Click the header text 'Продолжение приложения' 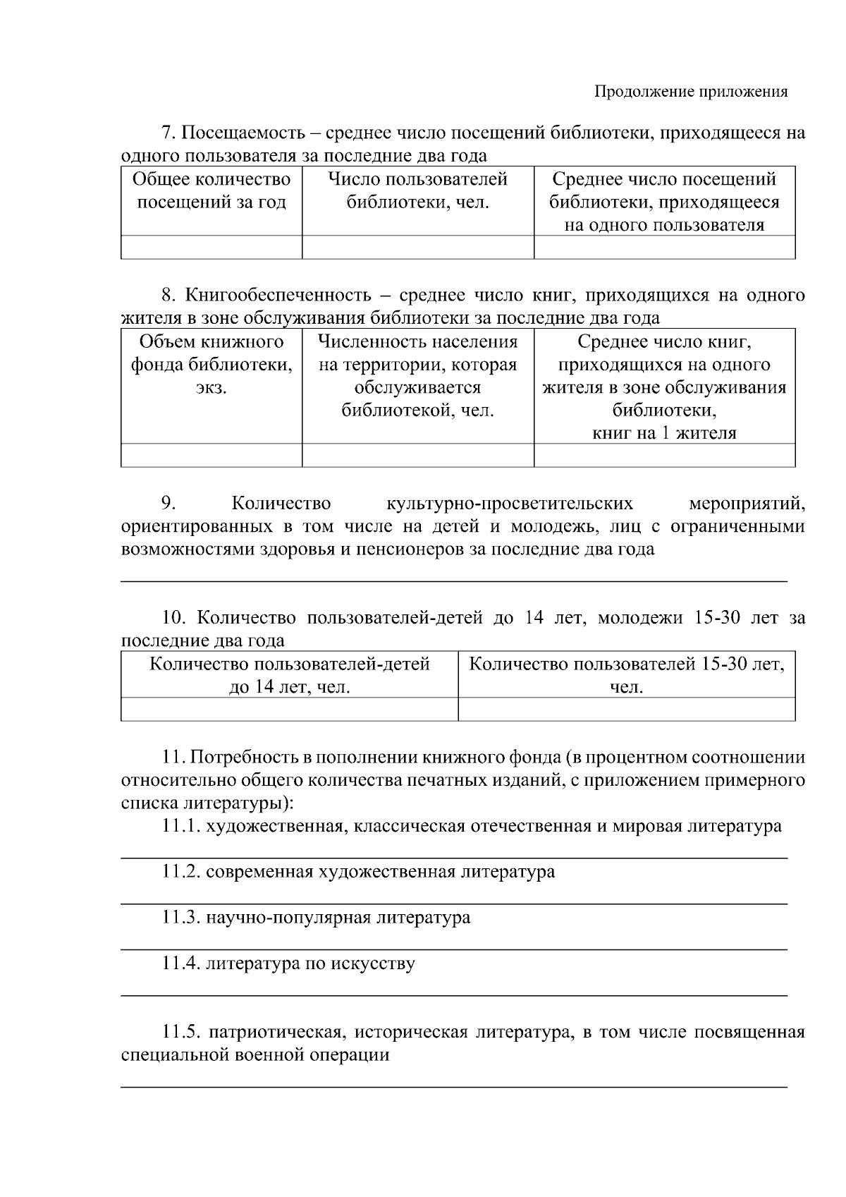coord(690,92)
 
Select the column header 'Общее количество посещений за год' coord(211,191)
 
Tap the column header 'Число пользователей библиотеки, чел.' coord(417,191)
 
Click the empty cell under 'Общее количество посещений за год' coord(211,248)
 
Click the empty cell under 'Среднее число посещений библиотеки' coord(664,248)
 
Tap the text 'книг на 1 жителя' coord(664,433)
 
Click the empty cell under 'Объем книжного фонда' coord(211,456)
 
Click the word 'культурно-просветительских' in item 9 coord(510,504)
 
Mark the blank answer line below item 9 coord(454,581)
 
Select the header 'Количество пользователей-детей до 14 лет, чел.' coord(290,675)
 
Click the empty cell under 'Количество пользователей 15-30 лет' coord(626,709)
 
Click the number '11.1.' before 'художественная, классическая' coord(181,826)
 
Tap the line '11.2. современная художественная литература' coord(358,872)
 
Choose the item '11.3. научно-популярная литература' coord(317,918)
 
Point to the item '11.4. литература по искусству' coord(288,964)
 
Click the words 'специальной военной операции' coord(255,1056)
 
